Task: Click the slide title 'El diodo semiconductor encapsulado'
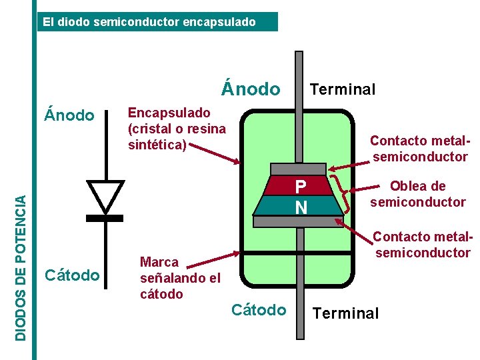tap(149, 22)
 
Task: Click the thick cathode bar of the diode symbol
tap(105, 218)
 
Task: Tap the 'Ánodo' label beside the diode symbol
tap(69, 115)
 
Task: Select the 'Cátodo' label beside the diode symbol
tap(71, 275)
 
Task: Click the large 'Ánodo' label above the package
tap(251, 89)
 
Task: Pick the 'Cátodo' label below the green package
tap(259, 310)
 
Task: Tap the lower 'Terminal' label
tap(345, 313)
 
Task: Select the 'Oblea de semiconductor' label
tap(418, 194)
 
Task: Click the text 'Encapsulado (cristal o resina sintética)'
tap(177, 128)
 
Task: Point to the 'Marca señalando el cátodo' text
tap(179, 278)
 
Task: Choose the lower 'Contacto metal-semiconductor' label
tap(423, 245)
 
